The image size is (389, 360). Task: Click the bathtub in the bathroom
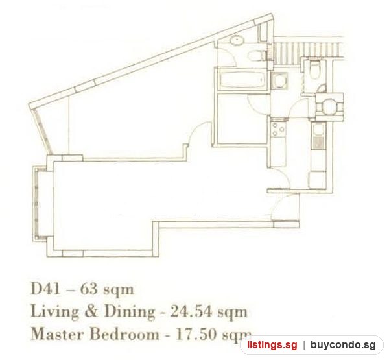241,80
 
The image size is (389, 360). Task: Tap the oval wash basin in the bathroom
238,40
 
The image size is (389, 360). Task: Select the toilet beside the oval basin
256,55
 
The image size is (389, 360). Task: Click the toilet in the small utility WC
315,69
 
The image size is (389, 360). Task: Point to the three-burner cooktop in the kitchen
278,130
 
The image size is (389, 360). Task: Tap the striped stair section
307,49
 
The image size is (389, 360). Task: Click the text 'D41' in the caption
45,289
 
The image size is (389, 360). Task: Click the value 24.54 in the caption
191,311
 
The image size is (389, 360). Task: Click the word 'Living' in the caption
54,312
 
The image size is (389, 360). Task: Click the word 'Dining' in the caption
129,312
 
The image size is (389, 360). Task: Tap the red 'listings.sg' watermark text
272,345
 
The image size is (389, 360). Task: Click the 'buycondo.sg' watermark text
343,345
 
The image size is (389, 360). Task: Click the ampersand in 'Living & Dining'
91,311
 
